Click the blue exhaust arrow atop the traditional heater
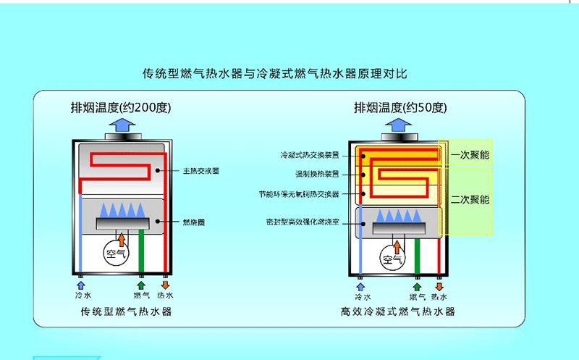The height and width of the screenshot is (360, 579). click(120, 127)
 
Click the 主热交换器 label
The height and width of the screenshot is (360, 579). click(200, 171)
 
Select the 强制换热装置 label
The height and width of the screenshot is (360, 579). click(318, 174)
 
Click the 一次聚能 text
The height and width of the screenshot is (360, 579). click(470, 155)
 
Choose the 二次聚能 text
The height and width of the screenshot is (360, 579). click(470, 199)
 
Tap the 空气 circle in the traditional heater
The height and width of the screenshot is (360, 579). click(116, 254)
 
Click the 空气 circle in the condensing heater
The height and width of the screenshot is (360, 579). click(392, 259)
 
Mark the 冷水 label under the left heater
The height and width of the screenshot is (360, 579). click(81, 296)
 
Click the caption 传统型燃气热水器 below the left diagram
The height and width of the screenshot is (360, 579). click(127, 312)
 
